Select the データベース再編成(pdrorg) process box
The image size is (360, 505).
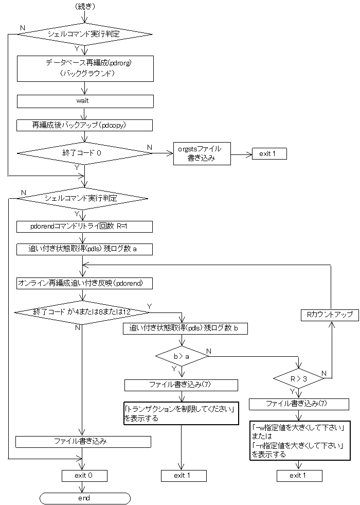point(85,68)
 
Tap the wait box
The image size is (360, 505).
point(85,101)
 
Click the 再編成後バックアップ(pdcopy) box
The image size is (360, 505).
point(85,125)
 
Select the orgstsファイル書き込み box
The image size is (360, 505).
point(202,153)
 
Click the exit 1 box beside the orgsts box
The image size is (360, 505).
point(268,153)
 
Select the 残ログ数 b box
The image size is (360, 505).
point(184,328)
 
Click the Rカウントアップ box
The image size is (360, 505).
point(330,315)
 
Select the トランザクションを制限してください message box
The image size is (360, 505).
point(181,413)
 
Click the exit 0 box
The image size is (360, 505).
point(84,475)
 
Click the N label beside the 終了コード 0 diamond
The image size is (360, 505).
point(150,148)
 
